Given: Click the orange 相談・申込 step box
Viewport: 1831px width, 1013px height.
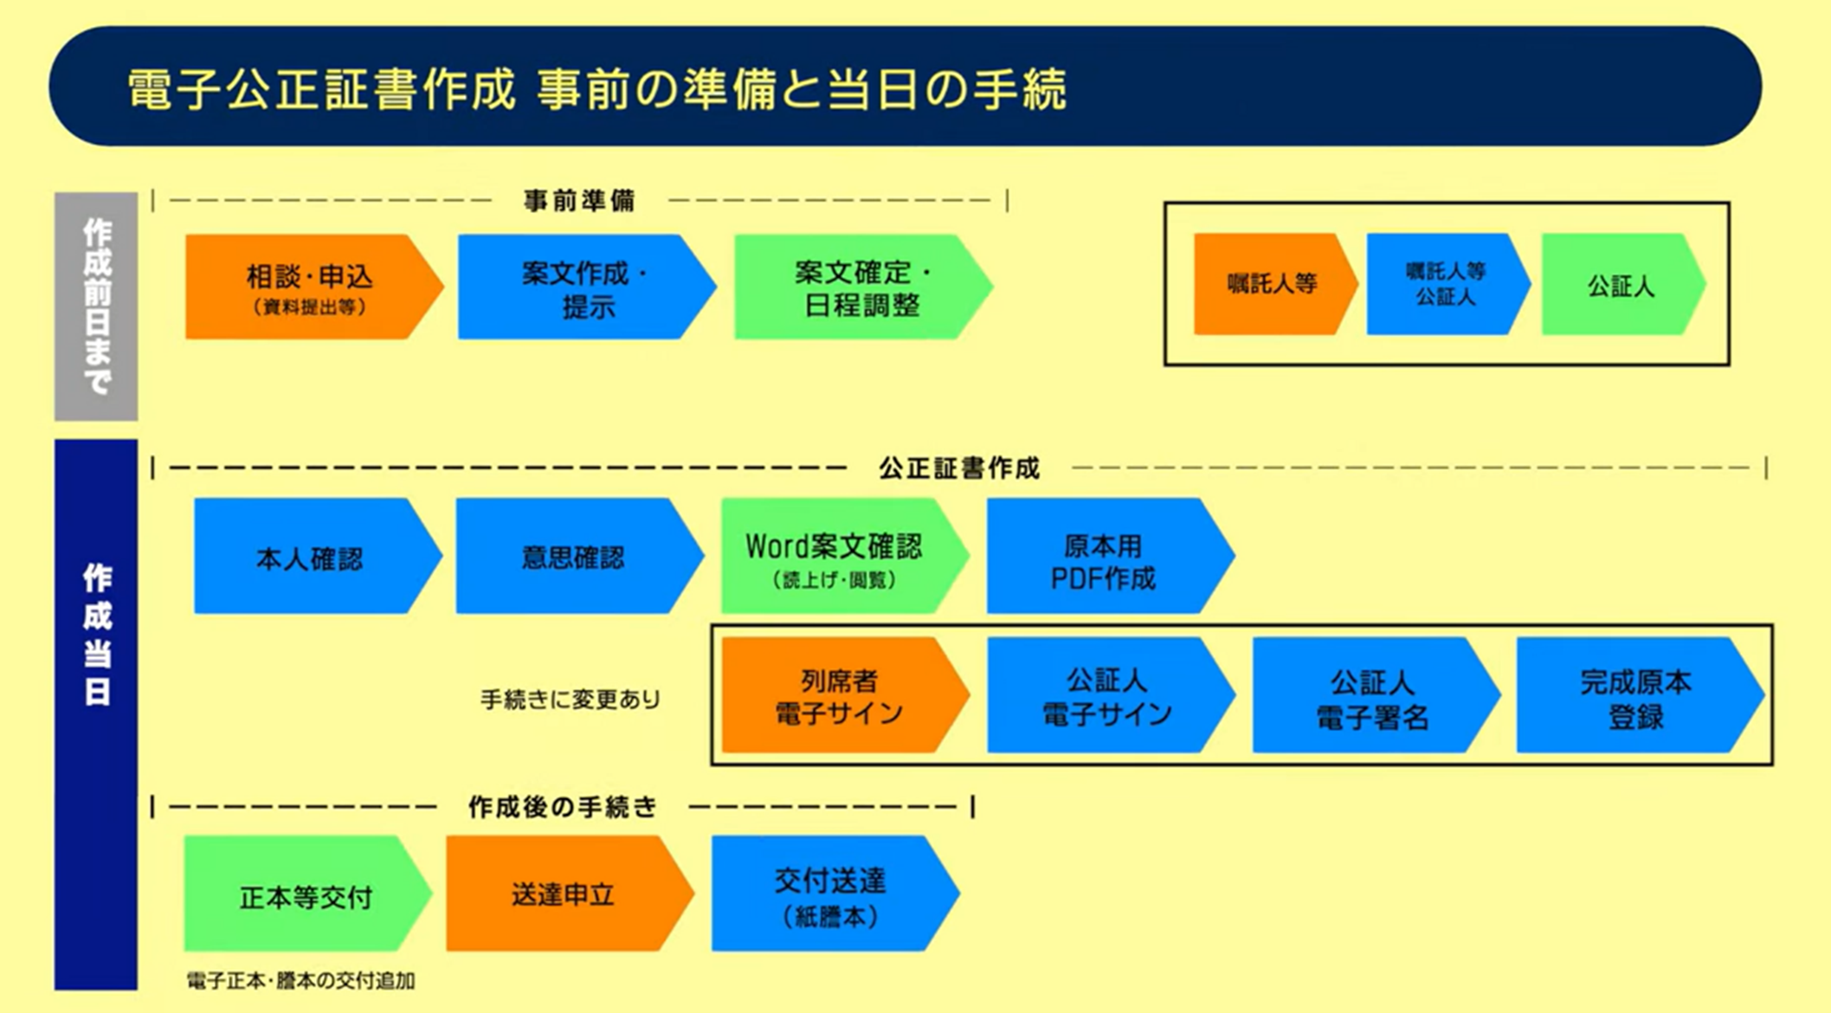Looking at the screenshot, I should click(x=307, y=287).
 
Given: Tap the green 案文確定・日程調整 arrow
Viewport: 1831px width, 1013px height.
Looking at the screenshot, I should click(x=857, y=287).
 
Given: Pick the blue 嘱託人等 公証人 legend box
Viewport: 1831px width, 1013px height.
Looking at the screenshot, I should click(x=1444, y=284).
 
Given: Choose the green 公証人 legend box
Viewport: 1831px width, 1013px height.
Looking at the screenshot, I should click(x=1619, y=284).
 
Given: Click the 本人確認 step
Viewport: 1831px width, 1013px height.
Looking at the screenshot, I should click(x=310, y=557).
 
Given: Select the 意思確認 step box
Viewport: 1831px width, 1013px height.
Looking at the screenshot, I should click(x=573, y=557).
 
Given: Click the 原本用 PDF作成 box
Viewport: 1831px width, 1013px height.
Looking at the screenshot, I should click(x=1101, y=557).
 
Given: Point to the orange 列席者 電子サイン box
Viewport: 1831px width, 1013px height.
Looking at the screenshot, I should click(x=838, y=696).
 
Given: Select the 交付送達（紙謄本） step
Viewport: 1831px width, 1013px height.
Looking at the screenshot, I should click(x=828, y=894).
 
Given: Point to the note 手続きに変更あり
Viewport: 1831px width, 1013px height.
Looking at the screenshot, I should click(x=570, y=700).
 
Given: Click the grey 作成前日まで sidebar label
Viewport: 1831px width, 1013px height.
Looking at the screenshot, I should click(x=96, y=306).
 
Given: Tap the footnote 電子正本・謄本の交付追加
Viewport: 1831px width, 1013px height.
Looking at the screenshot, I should click(x=300, y=981).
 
